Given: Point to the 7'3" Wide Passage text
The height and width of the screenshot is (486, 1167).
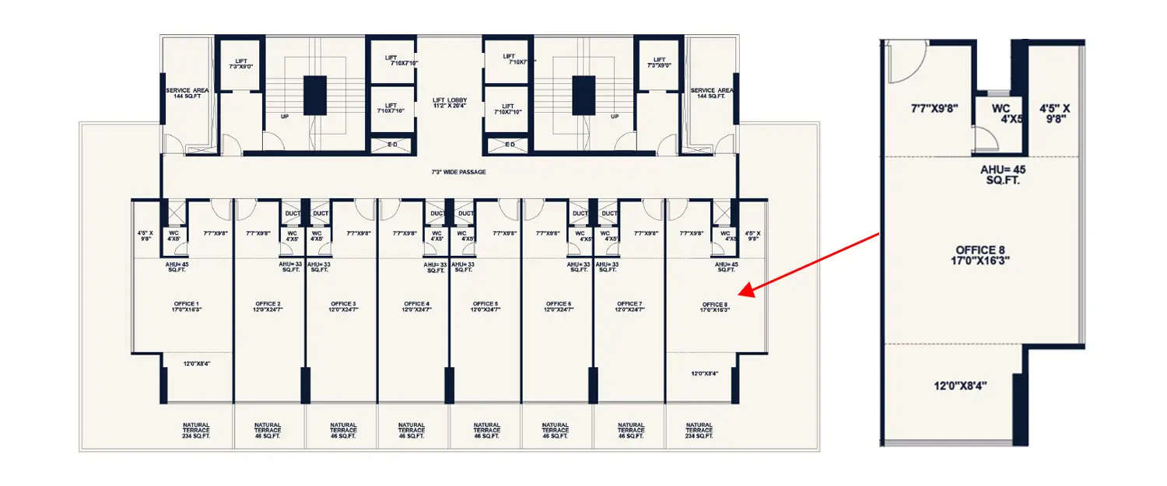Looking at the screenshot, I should [459, 172].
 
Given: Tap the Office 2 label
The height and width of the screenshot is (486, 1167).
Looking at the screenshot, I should [268, 306].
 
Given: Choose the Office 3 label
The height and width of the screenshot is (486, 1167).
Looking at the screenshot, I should [343, 306].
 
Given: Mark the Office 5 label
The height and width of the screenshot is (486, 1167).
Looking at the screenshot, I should [485, 306].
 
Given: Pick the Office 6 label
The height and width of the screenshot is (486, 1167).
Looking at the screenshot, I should [558, 306].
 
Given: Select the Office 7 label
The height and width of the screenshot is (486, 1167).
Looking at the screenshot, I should [629, 306].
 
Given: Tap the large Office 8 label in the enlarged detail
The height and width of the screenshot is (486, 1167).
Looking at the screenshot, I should [983, 255].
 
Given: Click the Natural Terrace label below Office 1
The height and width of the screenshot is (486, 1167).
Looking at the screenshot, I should [196, 429].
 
